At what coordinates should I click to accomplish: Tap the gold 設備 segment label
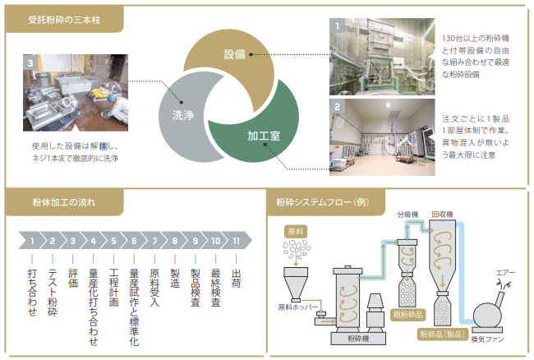(x=234, y=55)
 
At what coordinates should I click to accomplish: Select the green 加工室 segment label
(x=263, y=136)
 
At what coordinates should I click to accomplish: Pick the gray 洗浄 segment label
(x=182, y=116)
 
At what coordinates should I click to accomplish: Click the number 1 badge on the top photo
(x=337, y=26)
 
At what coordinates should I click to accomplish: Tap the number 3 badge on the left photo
(x=30, y=62)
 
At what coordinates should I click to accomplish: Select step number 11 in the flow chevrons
(x=237, y=242)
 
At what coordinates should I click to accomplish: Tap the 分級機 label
(x=407, y=215)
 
